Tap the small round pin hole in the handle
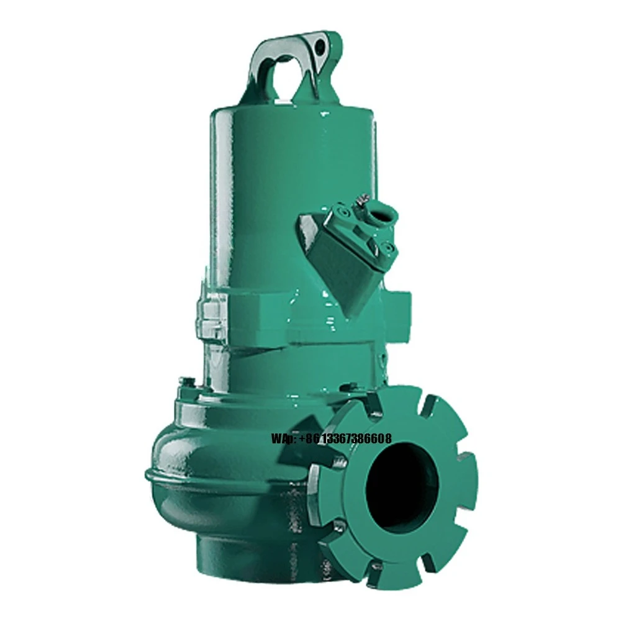click(320, 46)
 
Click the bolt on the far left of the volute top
click(182, 380)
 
